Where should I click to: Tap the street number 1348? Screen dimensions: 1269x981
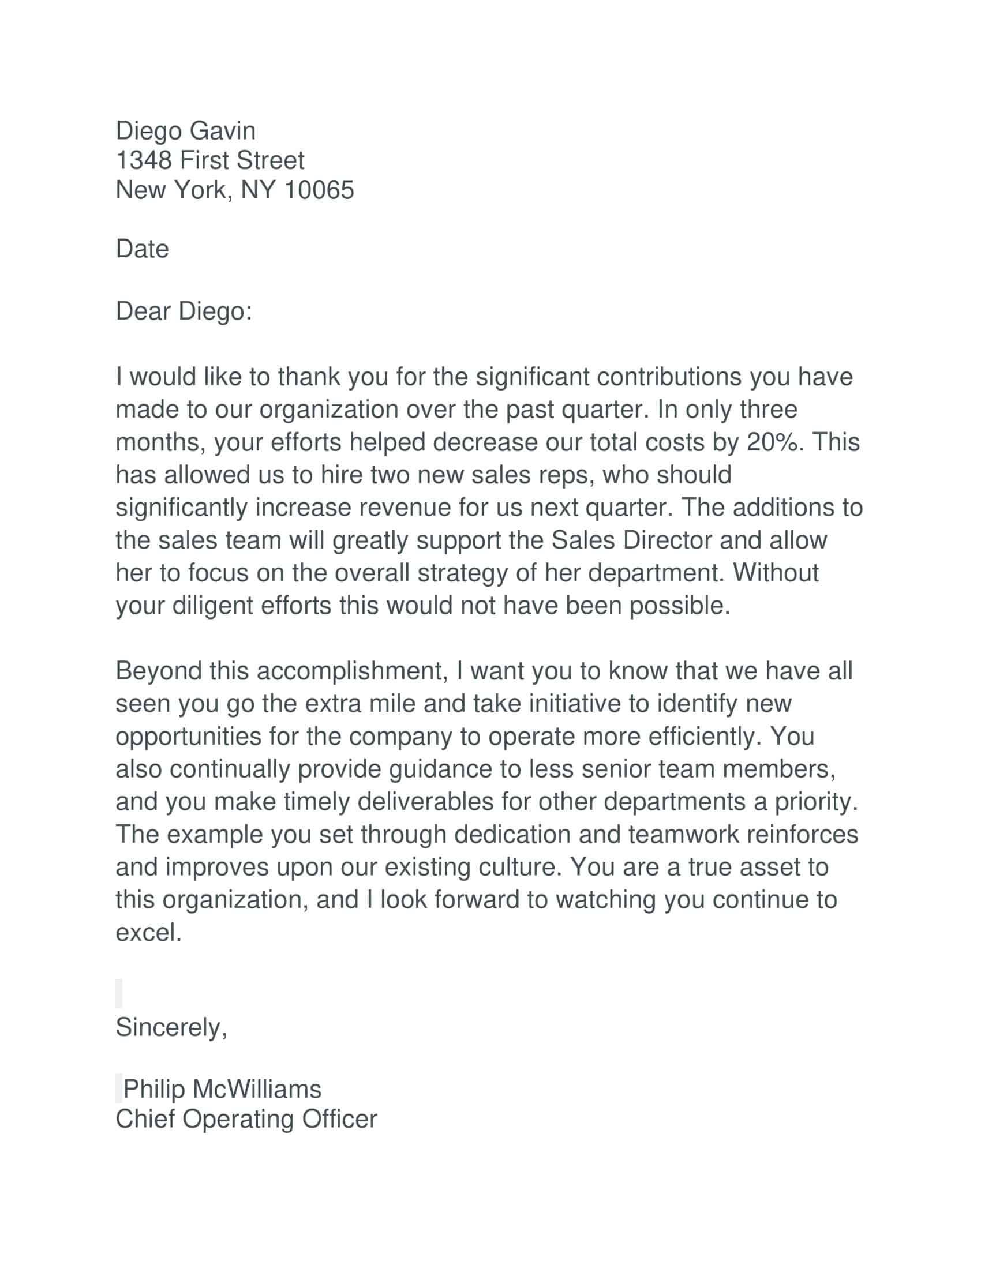144,160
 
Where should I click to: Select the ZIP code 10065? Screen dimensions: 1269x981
319,190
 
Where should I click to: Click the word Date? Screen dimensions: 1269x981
143,249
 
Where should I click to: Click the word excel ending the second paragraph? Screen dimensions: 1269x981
149,933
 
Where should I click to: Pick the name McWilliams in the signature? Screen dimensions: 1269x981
257,1089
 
